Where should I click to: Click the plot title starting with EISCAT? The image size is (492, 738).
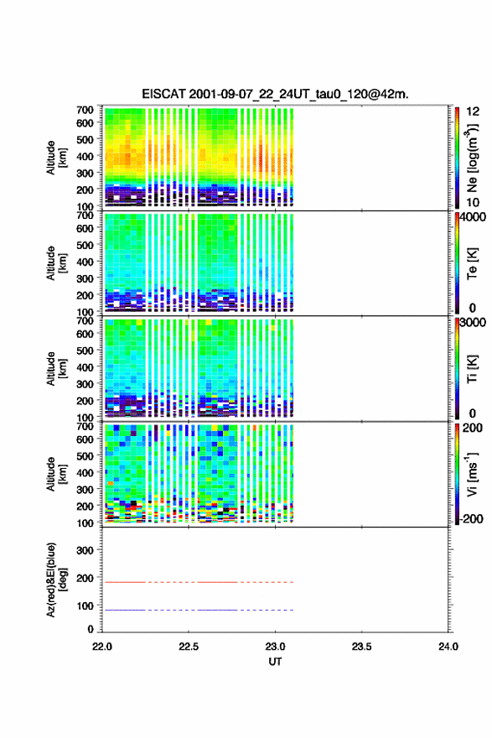[275, 94]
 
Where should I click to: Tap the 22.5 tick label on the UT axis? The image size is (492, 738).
[188, 647]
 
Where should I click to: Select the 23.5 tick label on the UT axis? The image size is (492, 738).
[361, 647]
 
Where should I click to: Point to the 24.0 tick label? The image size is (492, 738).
[448, 647]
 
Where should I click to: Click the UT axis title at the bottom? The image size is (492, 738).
[275, 662]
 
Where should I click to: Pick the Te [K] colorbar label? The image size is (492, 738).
[472, 263]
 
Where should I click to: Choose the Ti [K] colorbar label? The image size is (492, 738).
[472, 369]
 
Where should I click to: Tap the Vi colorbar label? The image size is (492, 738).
[472, 474]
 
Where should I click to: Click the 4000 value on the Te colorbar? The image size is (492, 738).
[473, 217]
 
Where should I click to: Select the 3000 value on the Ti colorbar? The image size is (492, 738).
[473, 323]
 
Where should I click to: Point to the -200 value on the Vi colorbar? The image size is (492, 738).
[471, 518]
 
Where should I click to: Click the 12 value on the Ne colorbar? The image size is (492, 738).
[473, 112]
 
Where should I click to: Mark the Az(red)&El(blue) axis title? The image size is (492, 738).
[56, 579]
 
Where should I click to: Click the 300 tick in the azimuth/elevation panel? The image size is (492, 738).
[85, 550]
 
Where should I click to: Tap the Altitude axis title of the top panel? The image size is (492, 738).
[56, 158]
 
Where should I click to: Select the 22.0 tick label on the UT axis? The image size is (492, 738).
[102, 647]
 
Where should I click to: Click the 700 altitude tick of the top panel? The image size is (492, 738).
[85, 110]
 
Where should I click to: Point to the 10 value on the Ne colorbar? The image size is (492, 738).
[473, 202]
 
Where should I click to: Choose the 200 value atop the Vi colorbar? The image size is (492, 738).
[472, 428]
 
